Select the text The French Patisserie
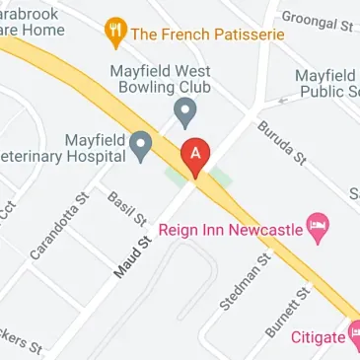click(x=207, y=34)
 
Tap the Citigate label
click(x=319, y=337)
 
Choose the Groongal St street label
click(x=318, y=22)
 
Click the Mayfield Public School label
click(x=328, y=84)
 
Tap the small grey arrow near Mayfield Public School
click(x=282, y=100)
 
